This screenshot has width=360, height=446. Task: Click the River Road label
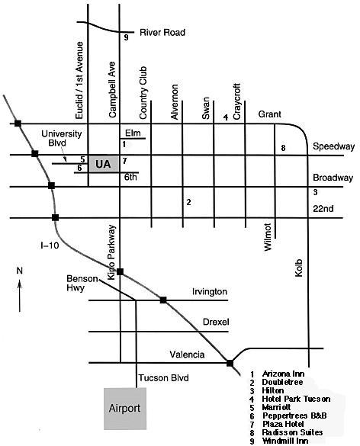click(x=162, y=33)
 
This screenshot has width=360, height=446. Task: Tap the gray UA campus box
click(x=104, y=164)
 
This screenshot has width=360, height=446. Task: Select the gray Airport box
click(x=125, y=409)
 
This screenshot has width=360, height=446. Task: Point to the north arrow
click(x=20, y=296)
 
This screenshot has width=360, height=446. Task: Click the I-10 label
click(x=50, y=245)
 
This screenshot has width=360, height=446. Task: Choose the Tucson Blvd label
click(x=163, y=377)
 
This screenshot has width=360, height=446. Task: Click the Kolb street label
click(x=299, y=268)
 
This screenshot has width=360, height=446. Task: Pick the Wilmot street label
click(x=268, y=237)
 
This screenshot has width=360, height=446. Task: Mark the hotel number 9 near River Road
click(x=126, y=37)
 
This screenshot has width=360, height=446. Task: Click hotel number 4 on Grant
click(x=226, y=117)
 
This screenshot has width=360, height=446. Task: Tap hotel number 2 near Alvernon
click(x=188, y=202)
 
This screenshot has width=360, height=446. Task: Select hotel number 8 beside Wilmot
click(x=283, y=148)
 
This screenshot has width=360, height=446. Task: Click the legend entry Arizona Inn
click(x=283, y=374)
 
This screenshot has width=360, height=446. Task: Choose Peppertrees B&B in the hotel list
click(x=294, y=416)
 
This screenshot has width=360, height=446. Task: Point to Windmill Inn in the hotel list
click(x=285, y=441)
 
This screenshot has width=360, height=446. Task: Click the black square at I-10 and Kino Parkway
click(x=120, y=271)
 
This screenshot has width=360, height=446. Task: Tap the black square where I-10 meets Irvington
click(x=163, y=300)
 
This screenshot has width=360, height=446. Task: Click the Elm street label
click(x=133, y=133)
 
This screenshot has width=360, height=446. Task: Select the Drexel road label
click(x=216, y=322)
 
